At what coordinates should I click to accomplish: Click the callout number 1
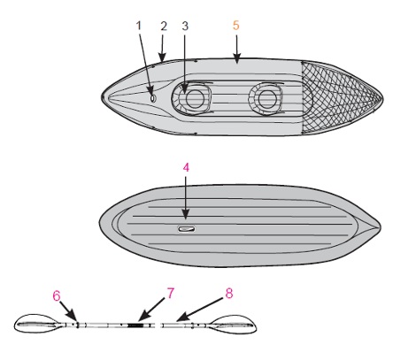[x=139, y=26]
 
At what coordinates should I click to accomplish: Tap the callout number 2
[x=164, y=26]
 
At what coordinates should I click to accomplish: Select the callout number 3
[x=185, y=26]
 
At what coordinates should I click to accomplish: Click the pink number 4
[x=186, y=167]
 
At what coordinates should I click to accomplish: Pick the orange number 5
[x=235, y=26]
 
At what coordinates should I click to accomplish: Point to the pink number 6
[x=57, y=295]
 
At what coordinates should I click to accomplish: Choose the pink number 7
[x=171, y=294]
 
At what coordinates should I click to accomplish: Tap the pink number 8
[x=229, y=294]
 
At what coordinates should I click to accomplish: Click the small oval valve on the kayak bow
[x=153, y=98]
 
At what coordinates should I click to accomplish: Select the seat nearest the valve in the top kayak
[x=192, y=98]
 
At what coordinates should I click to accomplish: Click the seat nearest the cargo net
[x=266, y=98]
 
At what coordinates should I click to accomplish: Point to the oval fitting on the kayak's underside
[x=186, y=229]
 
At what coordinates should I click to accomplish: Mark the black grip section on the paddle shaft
[x=135, y=326]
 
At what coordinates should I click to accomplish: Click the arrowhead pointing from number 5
[x=237, y=59]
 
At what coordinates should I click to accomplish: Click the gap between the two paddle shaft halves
[x=158, y=326]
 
